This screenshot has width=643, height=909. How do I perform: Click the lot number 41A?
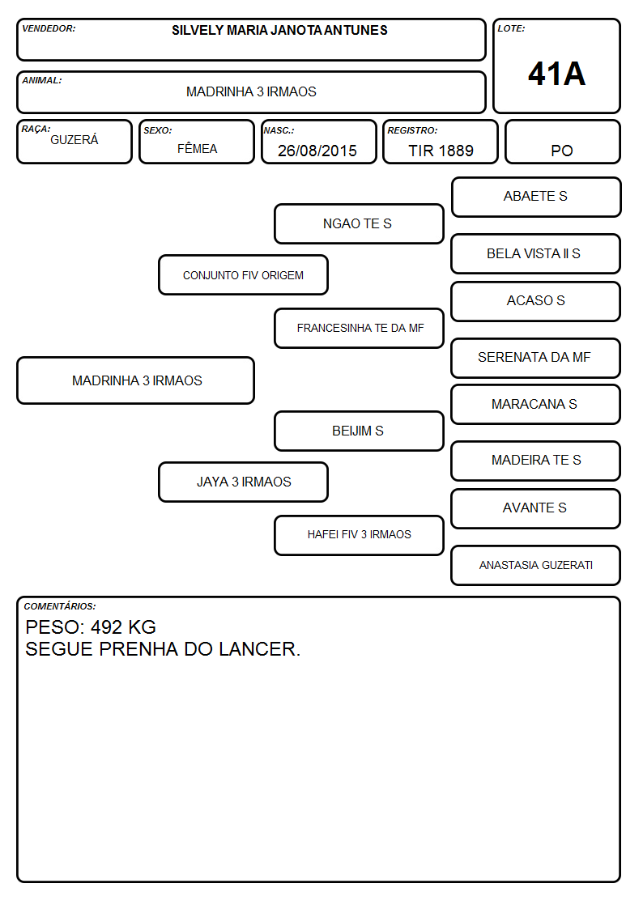[556, 74]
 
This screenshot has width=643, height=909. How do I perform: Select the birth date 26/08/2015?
[317, 151]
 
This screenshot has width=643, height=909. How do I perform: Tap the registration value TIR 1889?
[441, 151]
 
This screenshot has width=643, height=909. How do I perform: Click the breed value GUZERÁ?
[75, 140]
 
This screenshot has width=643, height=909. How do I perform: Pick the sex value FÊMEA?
[197, 148]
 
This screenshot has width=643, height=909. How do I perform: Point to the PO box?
[562, 142]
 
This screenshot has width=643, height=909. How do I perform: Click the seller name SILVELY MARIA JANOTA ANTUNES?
[279, 30]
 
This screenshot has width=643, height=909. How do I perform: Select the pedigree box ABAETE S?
[536, 198]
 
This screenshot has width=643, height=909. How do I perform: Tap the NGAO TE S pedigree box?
[359, 223]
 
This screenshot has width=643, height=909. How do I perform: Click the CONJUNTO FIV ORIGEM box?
[243, 274]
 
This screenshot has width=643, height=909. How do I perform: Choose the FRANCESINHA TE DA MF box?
[359, 328]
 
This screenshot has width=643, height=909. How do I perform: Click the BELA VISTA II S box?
[536, 254]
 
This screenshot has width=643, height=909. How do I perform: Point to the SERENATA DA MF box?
[536, 358]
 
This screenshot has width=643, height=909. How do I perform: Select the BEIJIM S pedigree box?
[359, 431]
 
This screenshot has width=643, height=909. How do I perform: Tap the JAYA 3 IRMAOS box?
[243, 482]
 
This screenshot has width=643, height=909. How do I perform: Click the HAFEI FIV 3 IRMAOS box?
[359, 535]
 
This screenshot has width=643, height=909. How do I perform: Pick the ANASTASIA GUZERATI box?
[536, 565]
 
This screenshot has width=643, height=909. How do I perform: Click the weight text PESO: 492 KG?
[91, 627]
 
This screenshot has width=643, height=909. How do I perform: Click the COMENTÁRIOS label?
[60, 606]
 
